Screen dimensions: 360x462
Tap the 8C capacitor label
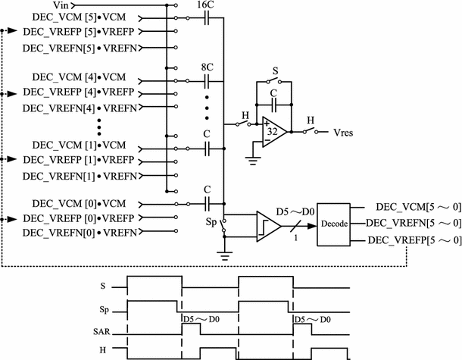(x=206, y=67)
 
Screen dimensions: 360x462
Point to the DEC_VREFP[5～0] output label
(x=414, y=240)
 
